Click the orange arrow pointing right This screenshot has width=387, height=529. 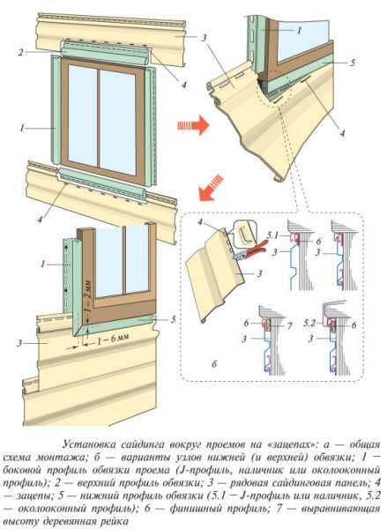tap(193, 125)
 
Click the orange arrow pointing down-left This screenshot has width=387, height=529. tap(211, 188)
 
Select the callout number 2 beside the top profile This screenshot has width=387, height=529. tap(21, 53)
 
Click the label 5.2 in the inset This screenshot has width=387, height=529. tap(309, 324)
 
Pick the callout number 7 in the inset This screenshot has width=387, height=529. tap(289, 325)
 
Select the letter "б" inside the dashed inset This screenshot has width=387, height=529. tap(214, 364)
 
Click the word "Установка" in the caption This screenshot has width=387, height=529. tap(89, 444)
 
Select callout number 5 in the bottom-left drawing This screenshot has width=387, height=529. tap(173, 319)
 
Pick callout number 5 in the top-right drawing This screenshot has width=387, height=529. tap(353, 63)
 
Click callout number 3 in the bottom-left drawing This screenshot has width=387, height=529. tap(20, 344)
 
